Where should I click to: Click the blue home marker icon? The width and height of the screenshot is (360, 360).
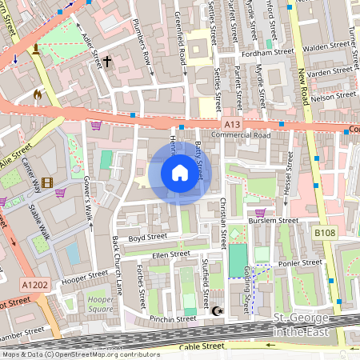point(180,173)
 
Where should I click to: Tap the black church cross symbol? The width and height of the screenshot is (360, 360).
point(107,60)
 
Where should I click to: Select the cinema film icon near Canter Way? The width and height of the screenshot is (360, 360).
point(48,183)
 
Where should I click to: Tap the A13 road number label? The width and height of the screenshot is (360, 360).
point(232,124)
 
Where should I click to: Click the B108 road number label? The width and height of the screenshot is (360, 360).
point(324,233)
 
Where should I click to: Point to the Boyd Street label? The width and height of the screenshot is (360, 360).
point(146,238)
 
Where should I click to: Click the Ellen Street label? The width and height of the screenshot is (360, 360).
point(171,254)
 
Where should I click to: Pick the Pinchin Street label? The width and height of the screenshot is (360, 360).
point(174,318)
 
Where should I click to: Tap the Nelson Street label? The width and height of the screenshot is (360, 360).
point(334,94)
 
